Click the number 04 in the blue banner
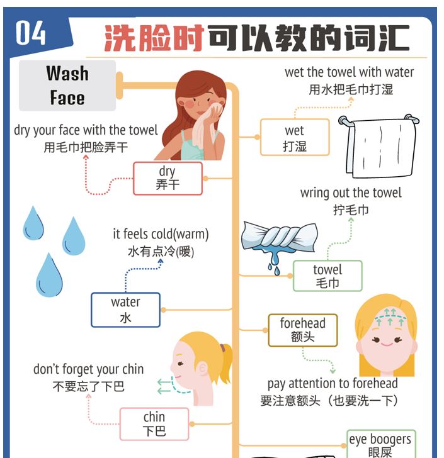coord(30,33)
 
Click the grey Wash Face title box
coord(67,86)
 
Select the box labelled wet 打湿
coord(295,137)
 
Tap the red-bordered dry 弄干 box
coord(168,178)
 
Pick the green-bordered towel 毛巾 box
coord(327,276)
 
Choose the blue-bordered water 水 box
coord(125,310)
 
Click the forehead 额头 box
coord(303,330)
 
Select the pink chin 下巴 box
coord(154,424)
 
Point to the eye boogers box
coord(381,444)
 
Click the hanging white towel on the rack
coord(380,147)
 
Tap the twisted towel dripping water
coord(280,241)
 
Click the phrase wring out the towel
coord(351,193)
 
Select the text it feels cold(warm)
coord(161,234)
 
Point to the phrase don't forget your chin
coord(88,369)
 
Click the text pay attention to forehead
coord(333,384)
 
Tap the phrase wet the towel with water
coord(350,72)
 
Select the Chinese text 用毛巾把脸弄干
coord(86,147)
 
